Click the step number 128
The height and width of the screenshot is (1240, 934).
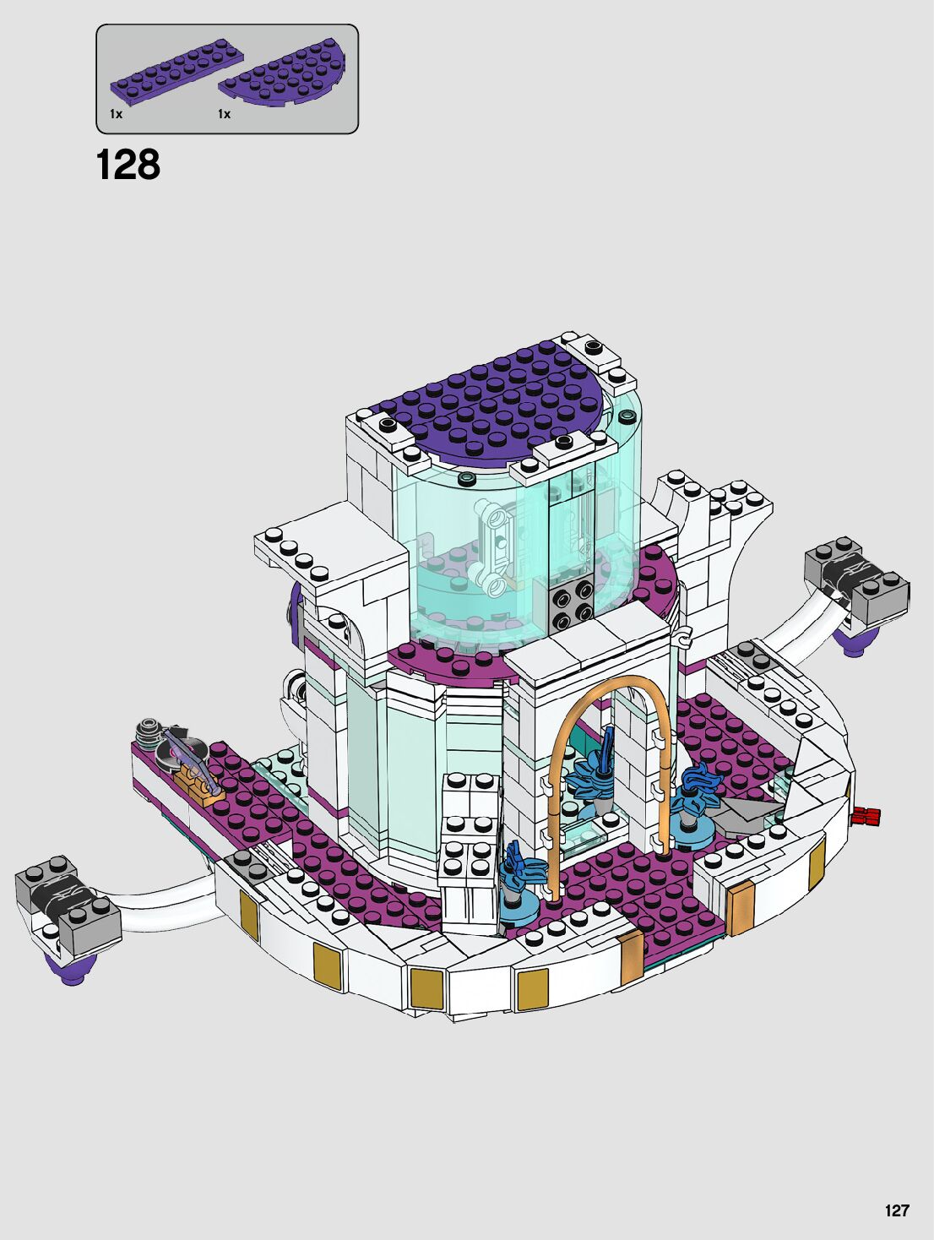(128, 165)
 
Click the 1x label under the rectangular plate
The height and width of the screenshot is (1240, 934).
(117, 114)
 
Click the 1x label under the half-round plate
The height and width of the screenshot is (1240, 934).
(224, 114)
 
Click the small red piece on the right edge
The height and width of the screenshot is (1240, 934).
(866, 816)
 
